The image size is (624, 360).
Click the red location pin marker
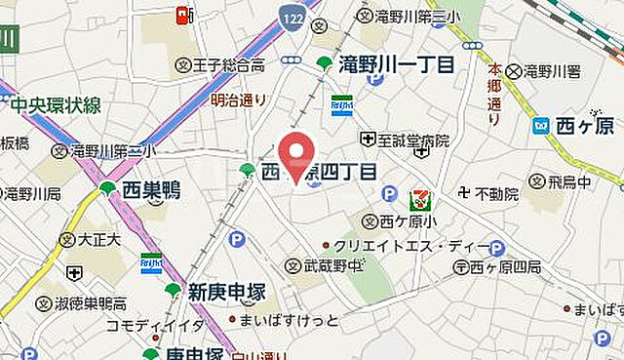pyautogui.click(x=298, y=157)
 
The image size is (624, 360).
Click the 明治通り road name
pyautogui.click(x=238, y=99)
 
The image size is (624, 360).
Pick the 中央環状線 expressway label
pyautogui.click(x=56, y=105)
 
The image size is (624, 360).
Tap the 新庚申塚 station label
pyautogui.click(x=227, y=291)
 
